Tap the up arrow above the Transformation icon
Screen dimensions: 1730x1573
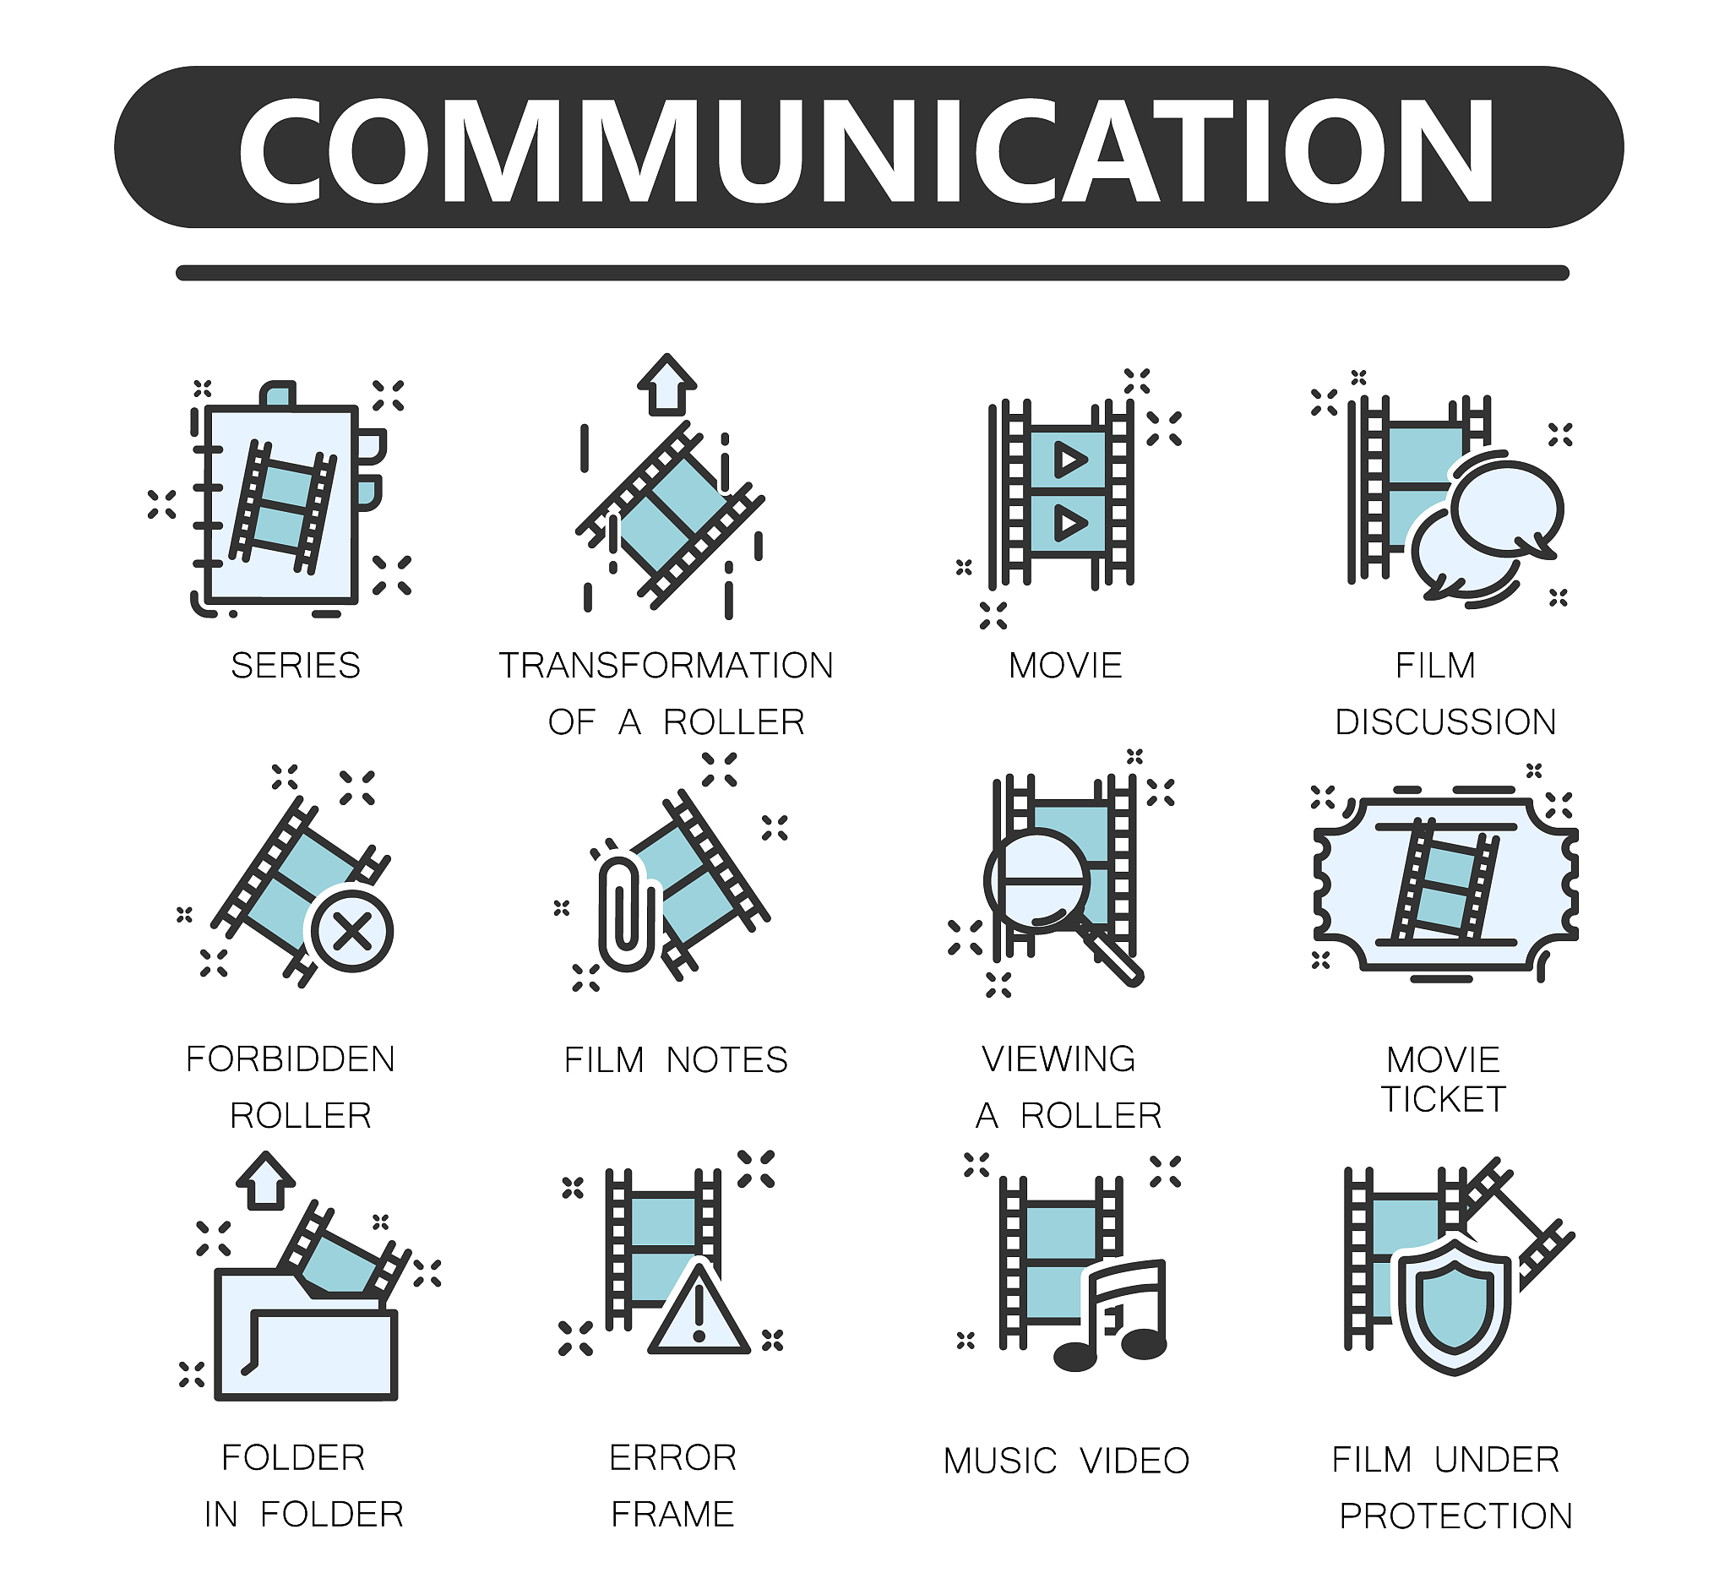click(667, 384)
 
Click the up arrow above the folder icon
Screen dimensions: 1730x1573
click(266, 1182)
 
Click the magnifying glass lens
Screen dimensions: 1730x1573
click(1037, 881)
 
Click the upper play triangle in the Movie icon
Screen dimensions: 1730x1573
click(1069, 459)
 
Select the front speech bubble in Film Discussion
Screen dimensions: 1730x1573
click(1507, 509)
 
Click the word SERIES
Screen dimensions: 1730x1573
click(296, 666)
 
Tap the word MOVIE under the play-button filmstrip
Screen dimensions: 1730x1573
click(1066, 666)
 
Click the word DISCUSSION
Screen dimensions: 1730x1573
click(1446, 722)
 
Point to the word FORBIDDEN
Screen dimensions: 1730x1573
click(291, 1060)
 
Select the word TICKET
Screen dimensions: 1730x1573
click(1444, 1099)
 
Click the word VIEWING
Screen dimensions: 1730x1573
click(1059, 1060)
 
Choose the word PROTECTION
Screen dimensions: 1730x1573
click(1456, 1516)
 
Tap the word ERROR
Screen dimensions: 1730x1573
click(672, 1458)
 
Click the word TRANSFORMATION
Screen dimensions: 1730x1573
click(666, 666)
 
